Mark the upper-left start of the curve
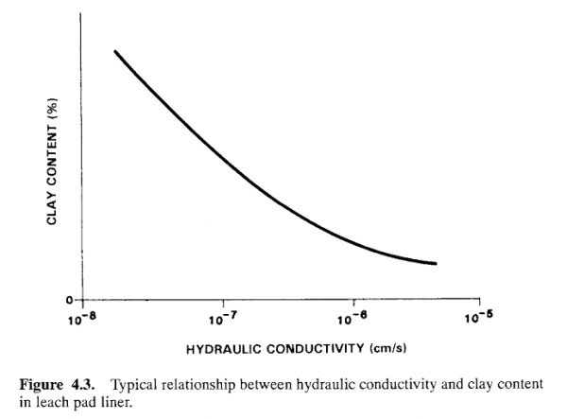[x=115, y=50]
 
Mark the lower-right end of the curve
[x=436, y=263]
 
